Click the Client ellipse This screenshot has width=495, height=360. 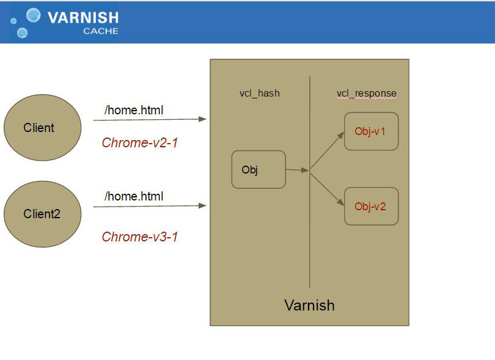(42, 128)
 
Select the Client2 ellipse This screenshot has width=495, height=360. (42, 214)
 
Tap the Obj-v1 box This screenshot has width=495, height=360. (371, 131)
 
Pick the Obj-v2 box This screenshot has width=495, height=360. (371, 206)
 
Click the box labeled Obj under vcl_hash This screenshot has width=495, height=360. (258, 169)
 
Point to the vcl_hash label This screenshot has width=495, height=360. (259, 94)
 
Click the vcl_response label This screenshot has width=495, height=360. (366, 94)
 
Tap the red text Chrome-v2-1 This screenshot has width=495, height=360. (139, 143)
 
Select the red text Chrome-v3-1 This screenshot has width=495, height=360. (139, 237)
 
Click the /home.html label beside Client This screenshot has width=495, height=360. (134, 111)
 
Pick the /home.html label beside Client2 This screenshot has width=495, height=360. (134, 196)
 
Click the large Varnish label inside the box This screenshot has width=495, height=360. (309, 305)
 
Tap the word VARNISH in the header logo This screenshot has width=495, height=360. (82, 18)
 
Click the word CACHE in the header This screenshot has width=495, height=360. (101, 31)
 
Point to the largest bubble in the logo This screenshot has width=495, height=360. (34, 15)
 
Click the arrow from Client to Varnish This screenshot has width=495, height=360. (150, 120)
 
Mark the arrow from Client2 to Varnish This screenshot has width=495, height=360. (150, 207)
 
